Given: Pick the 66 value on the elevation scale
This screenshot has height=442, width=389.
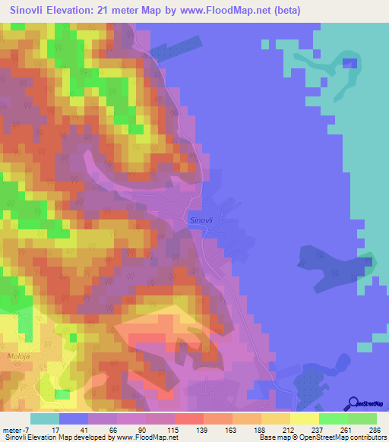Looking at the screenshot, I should coord(118,430).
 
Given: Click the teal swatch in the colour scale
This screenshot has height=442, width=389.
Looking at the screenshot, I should coord(45,418).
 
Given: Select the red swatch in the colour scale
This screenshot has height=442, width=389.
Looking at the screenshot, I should coord(188,418).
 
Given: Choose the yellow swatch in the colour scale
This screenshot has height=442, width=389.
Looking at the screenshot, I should coord(304,418).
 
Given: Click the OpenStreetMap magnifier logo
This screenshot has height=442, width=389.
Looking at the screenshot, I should coord(354,404).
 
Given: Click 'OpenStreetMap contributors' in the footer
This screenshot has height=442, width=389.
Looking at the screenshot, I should coord(341,438).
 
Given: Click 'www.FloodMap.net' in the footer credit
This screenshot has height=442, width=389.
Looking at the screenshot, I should coord(149,438).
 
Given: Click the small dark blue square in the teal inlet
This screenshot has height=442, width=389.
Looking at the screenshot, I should coord(349,62).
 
